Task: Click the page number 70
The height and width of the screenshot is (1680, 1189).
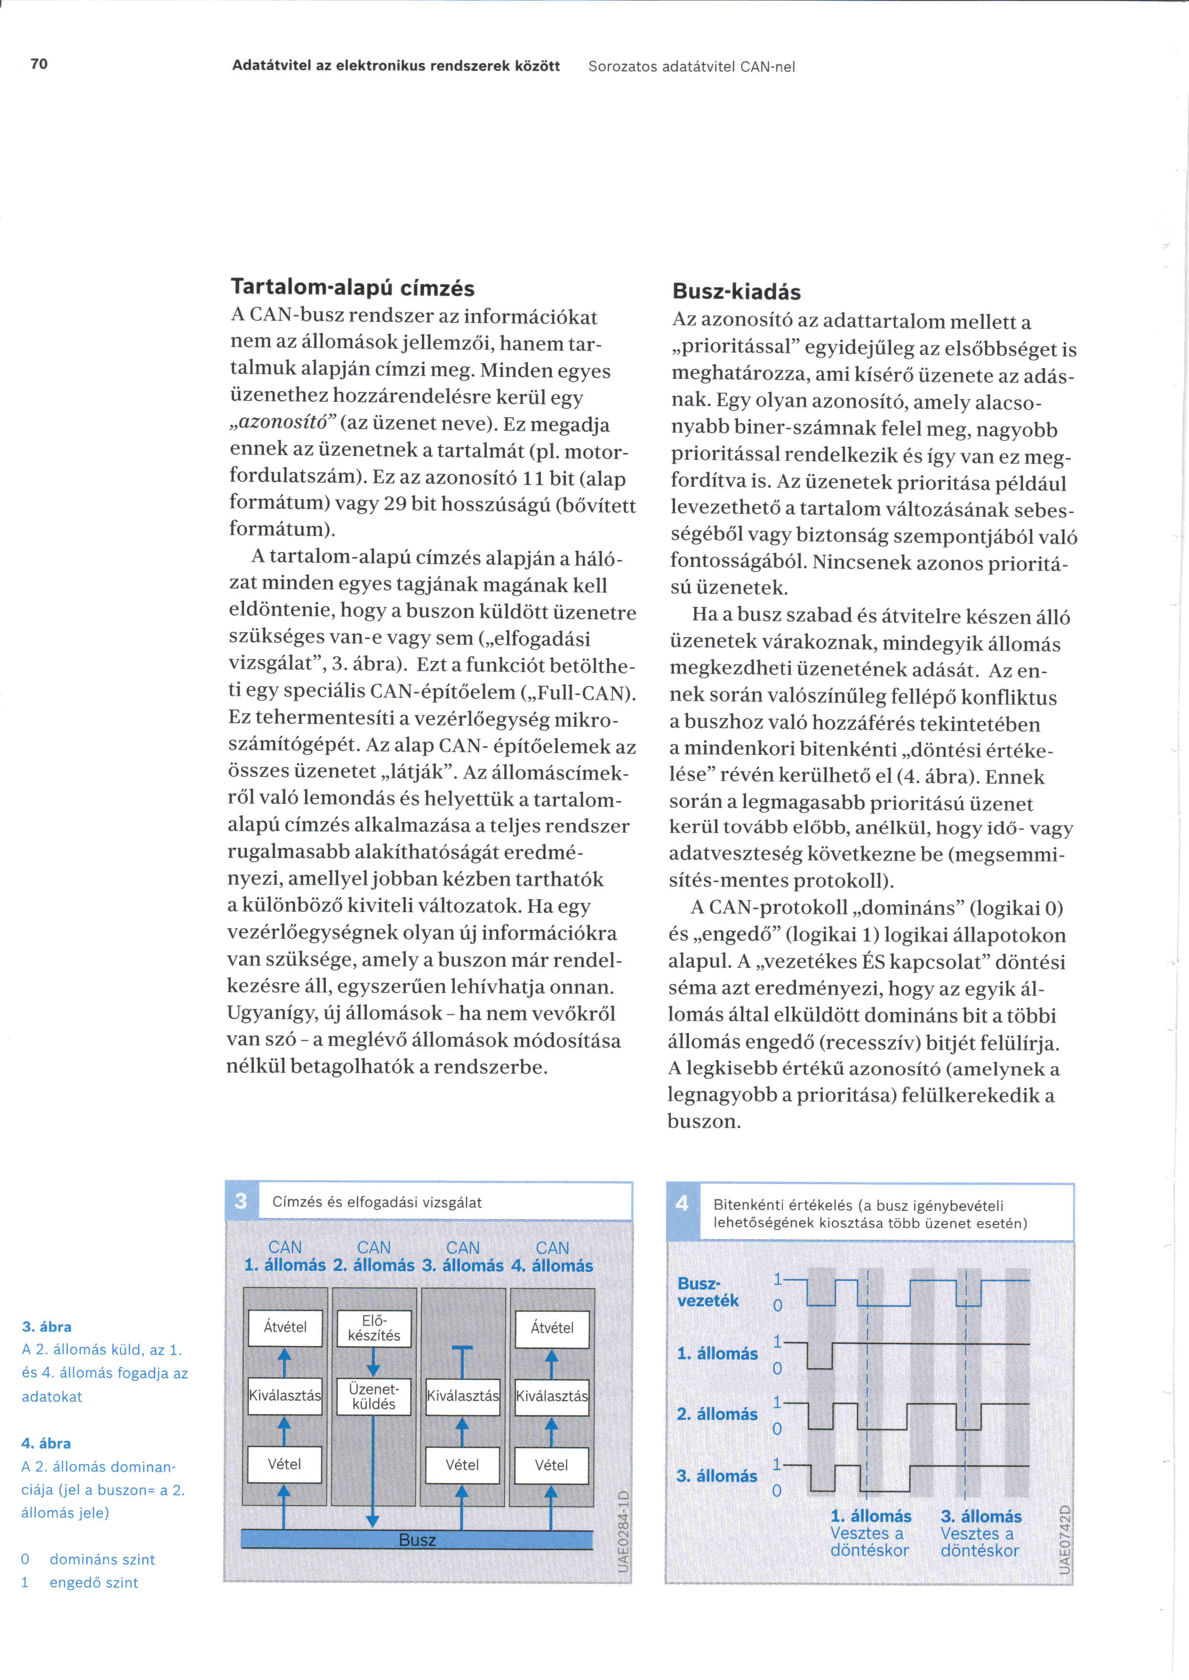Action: (39, 64)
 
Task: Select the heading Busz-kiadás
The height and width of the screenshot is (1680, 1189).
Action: (736, 292)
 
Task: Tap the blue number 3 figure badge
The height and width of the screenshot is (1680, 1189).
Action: (241, 1201)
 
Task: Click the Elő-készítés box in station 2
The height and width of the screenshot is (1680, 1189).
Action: (373, 1328)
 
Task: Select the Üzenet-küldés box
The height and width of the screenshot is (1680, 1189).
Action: (373, 1396)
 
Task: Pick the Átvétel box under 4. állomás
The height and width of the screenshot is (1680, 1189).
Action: (552, 1328)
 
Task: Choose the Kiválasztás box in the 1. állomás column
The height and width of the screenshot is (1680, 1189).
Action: (285, 1395)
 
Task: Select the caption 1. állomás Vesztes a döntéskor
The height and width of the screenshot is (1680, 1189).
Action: (870, 1533)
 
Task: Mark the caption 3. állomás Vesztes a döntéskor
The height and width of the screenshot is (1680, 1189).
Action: (980, 1533)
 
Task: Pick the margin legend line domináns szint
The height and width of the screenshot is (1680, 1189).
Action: (102, 1559)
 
